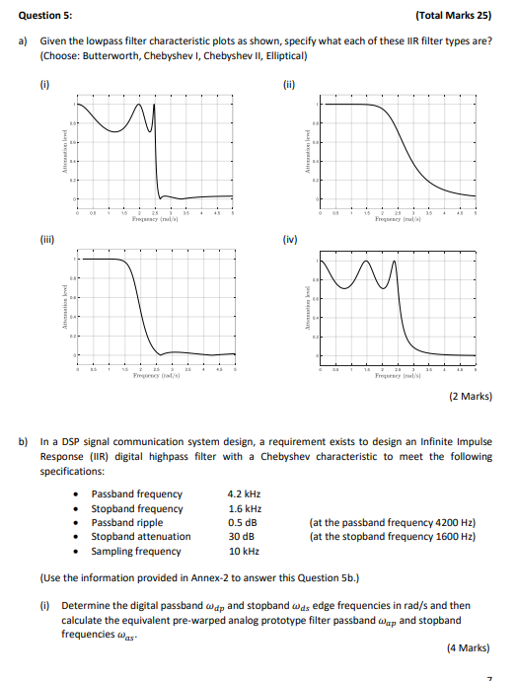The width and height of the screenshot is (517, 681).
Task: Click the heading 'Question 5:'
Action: click(x=45, y=15)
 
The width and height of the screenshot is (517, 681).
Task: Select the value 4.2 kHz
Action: click(x=243, y=493)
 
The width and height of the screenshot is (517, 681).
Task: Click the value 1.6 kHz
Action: click(x=243, y=508)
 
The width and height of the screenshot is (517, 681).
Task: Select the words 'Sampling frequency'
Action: click(x=136, y=551)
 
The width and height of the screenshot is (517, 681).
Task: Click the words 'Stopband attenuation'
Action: click(x=141, y=537)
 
